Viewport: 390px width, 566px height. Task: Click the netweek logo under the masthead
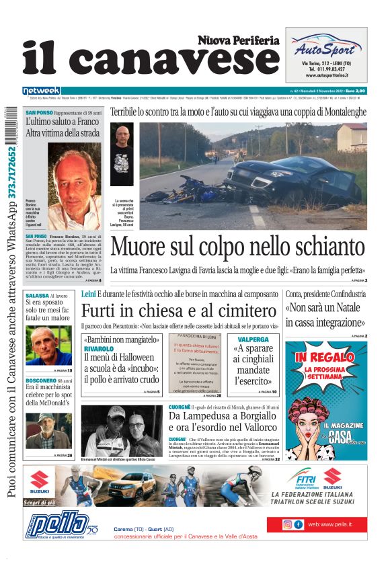pyautogui.click(x=41, y=91)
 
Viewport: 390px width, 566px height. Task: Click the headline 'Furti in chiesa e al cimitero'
pyautogui.click(x=179, y=312)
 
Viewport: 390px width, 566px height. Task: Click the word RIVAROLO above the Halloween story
pyautogui.click(x=98, y=350)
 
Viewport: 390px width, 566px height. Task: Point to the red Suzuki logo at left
pyautogui.click(x=41, y=481)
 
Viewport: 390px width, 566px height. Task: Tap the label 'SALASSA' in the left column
pyautogui.click(x=36, y=296)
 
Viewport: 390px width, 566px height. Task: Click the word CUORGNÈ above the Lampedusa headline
pyautogui.click(x=179, y=407)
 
